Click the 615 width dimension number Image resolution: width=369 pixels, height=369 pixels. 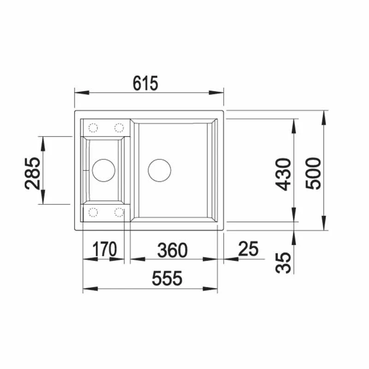[145, 83]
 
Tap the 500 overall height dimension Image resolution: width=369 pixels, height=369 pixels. [313, 173]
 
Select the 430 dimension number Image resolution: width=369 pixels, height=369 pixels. [283, 174]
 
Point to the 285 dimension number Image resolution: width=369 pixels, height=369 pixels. [32, 173]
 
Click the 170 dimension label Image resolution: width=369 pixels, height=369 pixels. [104, 249]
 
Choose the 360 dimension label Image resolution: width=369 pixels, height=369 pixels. [172, 250]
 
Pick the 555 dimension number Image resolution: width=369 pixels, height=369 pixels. [167, 279]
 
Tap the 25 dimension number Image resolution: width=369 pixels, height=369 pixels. [248, 249]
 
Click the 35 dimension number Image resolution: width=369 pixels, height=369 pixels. [283, 262]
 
